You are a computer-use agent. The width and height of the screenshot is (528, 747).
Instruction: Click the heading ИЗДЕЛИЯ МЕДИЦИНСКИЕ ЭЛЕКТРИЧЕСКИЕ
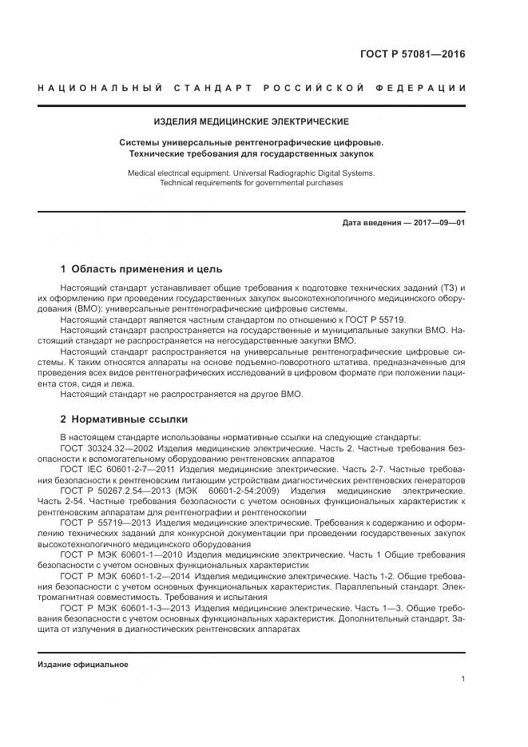click(x=251, y=122)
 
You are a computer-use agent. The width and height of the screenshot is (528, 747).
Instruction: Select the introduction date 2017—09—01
click(x=437, y=222)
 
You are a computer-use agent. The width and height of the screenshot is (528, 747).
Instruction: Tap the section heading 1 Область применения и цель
click(x=141, y=268)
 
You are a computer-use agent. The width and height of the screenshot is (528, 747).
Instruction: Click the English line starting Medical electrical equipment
click(x=251, y=173)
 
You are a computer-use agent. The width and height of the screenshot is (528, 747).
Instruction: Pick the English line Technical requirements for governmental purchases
click(x=251, y=183)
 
